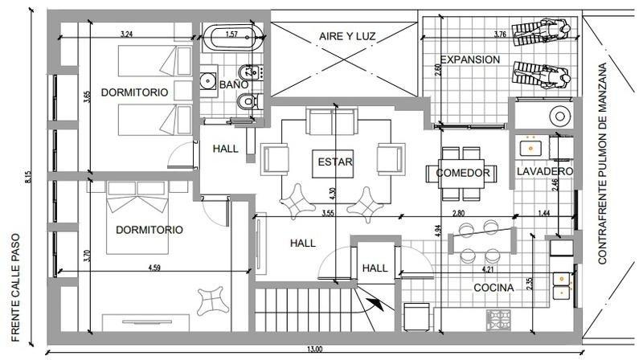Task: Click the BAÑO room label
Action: click(234, 84)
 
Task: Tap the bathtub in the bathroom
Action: click(231, 38)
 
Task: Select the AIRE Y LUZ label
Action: click(347, 36)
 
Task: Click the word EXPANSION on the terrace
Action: click(470, 59)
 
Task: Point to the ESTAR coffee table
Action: click(333, 164)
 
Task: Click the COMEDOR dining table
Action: click(461, 174)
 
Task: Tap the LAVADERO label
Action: click(545, 171)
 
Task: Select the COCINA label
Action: click(494, 288)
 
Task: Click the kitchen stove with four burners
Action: click(498, 321)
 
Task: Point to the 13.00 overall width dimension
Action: click(314, 350)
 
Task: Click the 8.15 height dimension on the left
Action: click(28, 177)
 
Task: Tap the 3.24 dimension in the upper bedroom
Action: click(127, 35)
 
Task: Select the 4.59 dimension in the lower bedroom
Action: click(154, 268)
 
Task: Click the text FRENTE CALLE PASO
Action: click(15, 288)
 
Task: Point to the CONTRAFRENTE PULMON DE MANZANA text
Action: click(602, 164)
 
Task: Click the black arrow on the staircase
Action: click(376, 305)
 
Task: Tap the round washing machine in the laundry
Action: click(560, 116)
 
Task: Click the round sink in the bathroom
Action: click(208, 80)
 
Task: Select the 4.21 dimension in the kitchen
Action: click(488, 269)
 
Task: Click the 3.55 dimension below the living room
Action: click(328, 213)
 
